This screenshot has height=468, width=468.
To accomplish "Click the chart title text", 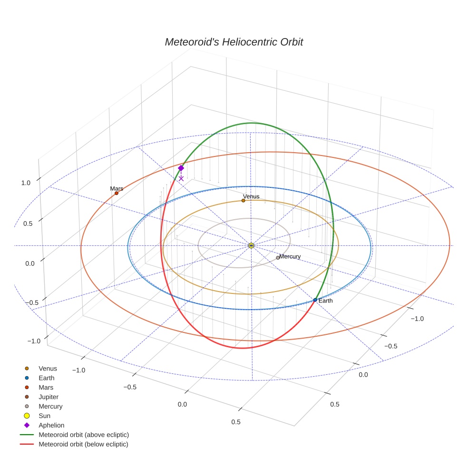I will [234, 42].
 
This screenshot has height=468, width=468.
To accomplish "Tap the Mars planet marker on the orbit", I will [117, 193].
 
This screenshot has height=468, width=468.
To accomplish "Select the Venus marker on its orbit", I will [244, 201].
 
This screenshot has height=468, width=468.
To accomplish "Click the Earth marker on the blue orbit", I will [315, 300].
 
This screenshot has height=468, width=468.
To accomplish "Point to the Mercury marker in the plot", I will [278, 258].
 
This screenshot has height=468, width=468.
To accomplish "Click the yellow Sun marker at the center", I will [251, 245].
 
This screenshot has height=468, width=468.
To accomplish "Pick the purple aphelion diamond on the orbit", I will [181, 168].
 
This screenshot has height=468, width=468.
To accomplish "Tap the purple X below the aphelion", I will [181, 178].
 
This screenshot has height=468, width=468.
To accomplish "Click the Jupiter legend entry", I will [48, 397].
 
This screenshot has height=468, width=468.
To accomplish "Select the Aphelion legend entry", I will [51, 425].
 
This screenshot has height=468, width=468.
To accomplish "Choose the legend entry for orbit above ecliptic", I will [83, 435].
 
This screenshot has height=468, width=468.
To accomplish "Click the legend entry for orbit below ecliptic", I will [83, 444].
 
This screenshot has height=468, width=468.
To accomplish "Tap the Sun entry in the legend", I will [44, 416].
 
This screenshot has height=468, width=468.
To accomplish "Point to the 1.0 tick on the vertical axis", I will [26, 183].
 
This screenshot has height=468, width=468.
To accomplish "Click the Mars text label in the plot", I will [117, 188].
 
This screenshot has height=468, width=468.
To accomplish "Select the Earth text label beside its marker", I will [326, 301].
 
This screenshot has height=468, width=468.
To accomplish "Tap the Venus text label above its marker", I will [251, 196].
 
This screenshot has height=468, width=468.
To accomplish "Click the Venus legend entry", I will [48, 368].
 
